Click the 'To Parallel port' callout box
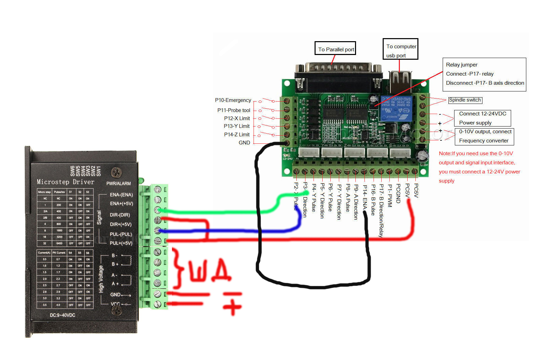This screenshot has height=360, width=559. tap(336, 49)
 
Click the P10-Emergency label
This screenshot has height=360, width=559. tap(233, 100)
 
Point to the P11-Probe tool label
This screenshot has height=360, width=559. tap(234, 110)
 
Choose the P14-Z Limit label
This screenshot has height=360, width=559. tap(237, 135)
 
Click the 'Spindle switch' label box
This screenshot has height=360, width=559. tap(465, 100)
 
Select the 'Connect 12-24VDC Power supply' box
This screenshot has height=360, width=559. tap(482, 118)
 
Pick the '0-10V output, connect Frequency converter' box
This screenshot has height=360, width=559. tap(484, 136)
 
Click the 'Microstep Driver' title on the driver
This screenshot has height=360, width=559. tap(65, 182)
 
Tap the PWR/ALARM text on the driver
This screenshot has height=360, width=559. tap(118, 184)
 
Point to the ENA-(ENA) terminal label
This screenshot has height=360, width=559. tap(121, 195)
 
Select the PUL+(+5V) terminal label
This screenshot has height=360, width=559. tap(121, 243)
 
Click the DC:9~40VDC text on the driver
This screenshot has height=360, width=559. tap(62, 315)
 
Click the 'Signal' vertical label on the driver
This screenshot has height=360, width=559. tap(99, 218)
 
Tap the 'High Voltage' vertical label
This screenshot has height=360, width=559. tap(101, 279)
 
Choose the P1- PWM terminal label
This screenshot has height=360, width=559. tap(390, 196)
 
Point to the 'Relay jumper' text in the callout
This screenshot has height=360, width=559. tap(462, 65)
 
